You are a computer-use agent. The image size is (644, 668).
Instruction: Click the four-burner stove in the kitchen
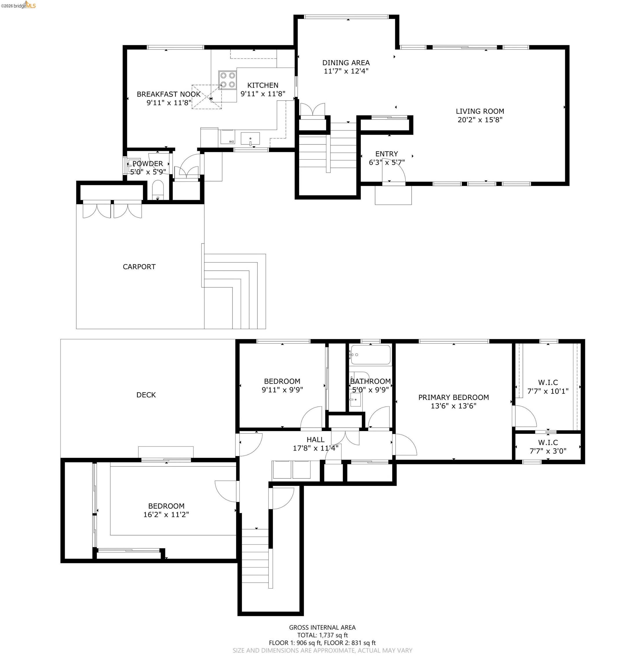227,80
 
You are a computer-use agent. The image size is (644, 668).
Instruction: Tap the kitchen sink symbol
250,139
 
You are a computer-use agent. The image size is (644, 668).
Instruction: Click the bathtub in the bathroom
370,355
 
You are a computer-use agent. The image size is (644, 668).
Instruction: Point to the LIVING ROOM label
480,111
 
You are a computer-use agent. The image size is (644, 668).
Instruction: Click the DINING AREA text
346,63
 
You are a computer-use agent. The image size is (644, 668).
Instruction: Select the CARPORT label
139,267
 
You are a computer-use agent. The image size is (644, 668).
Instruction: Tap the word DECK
146,395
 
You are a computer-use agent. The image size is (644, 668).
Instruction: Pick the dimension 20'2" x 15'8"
480,120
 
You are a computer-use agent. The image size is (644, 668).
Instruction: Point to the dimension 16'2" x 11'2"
166,514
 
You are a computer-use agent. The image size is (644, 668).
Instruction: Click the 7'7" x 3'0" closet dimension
547,451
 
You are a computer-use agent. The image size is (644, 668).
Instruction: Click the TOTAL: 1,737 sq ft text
322,635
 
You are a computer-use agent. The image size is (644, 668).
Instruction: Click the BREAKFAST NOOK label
169,94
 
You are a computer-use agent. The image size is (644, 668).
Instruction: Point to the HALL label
315,440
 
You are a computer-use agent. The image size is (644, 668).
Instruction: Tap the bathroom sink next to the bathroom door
355,400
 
